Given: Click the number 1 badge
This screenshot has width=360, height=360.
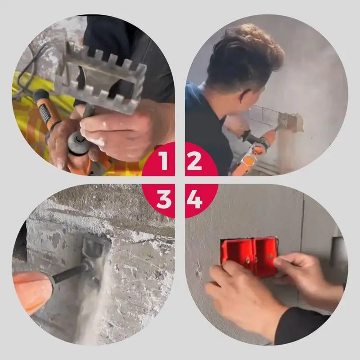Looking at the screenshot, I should tap(163, 161).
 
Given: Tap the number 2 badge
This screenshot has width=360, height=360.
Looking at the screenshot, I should tap(194, 161).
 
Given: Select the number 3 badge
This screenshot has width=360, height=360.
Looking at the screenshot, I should tap(163, 199).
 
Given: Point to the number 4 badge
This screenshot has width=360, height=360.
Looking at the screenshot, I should tap(194, 199).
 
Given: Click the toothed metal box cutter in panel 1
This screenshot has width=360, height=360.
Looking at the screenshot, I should tap(103, 76).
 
